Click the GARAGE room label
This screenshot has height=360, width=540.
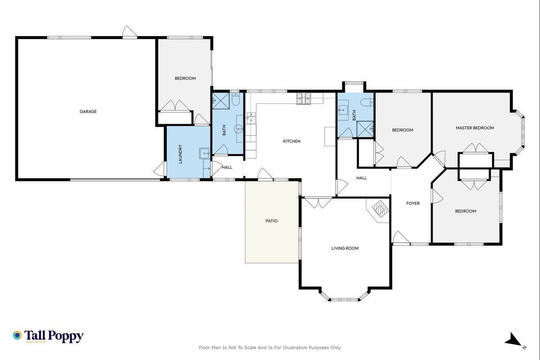click(88, 112)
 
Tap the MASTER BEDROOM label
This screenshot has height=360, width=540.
click(475, 128)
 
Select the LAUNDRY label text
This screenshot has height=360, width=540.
click(180, 154)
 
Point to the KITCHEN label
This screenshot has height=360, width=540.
click(292, 141)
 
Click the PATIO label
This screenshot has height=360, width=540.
click(272, 221)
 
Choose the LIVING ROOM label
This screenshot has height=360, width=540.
click(345, 248)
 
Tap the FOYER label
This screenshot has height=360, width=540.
click(413, 203)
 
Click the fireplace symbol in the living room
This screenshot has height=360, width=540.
click(380, 209)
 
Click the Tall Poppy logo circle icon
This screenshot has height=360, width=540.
click(17, 335)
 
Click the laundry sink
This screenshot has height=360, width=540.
click(205, 153)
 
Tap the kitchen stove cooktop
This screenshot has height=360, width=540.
click(304, 99)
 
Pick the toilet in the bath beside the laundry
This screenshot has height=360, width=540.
click(236, 99)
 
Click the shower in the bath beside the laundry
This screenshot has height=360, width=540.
click(221, 101)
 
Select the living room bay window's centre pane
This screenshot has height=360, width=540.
click(344, 300)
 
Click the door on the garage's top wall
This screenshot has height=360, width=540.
click(129, 32)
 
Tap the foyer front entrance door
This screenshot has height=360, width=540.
click(401, 238)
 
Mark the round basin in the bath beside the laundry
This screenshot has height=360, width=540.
click(239, 129)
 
